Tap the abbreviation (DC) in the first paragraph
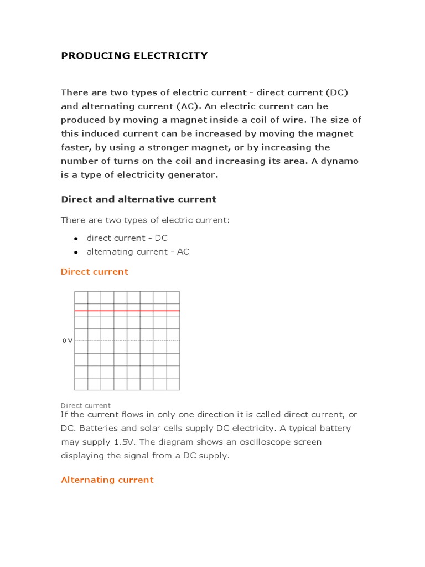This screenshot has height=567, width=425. point(337,92)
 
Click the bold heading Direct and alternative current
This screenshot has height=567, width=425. point(138,199)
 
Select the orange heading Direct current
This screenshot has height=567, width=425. point(94,271)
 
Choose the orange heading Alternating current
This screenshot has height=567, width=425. point(107,480)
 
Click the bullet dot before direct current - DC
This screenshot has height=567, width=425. point(75,238)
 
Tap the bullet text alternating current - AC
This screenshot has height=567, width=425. point(138,251)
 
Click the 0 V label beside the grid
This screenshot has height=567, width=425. point(67,341)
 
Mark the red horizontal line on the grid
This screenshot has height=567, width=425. point(127,311)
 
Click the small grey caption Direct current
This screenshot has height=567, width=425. point(85,405)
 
